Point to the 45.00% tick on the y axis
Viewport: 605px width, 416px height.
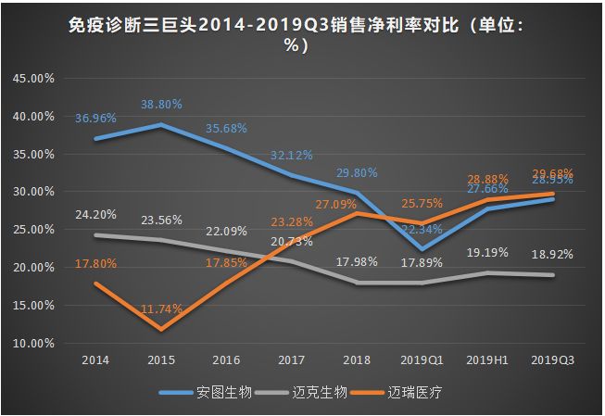click(32, 79)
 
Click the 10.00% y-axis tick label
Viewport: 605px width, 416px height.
click(32, 343)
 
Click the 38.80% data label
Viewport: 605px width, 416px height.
click(162, 105)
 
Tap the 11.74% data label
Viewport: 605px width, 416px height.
click(162, 308)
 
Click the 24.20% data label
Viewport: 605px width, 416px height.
click(96, 215)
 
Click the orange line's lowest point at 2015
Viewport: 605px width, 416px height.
click(162, 329)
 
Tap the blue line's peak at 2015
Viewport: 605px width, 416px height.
click(162, 124)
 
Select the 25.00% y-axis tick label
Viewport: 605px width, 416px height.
click(32, 230)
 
